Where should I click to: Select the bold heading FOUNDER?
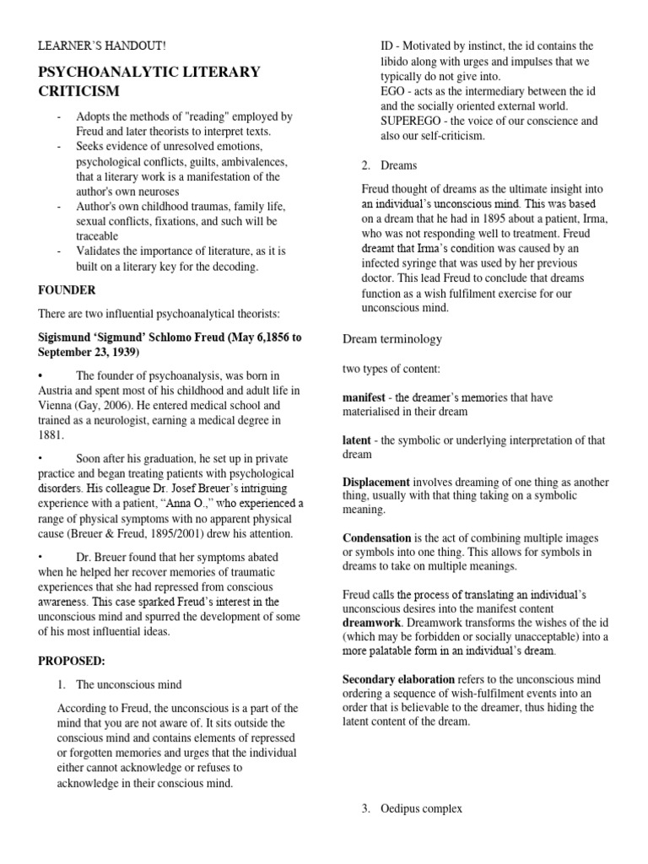tap(67, 289)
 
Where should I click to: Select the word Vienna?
tap(57, 405)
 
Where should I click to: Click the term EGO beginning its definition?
tap(394, 90)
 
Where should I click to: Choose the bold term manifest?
tap(364, 397)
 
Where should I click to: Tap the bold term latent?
tap(357, 440)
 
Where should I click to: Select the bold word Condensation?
tap(377, 537)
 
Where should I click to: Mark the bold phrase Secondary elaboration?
tap(398, 678)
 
